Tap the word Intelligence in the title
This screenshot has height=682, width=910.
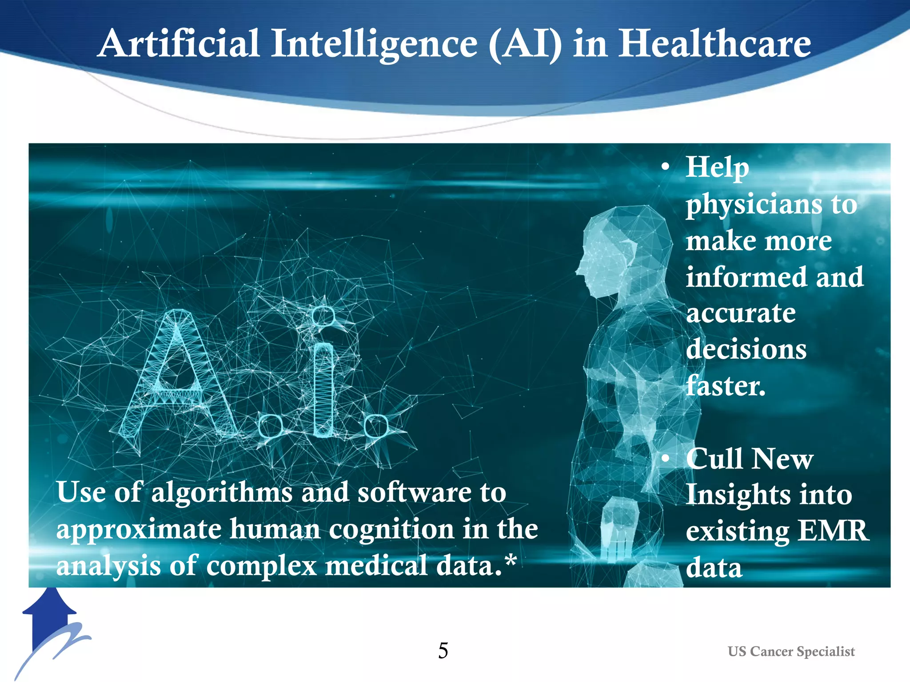click(x=374, y=44)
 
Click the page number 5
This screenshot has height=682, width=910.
click(x=443, y=651)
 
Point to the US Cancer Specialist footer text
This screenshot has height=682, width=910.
click(x=791, y=651)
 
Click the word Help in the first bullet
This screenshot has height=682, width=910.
click(x=717, y=168)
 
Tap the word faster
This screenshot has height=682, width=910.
click(x=726, y=385)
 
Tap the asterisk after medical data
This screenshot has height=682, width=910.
click(x=511, y=560)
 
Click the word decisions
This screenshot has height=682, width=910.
click(x=746, y=349)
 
